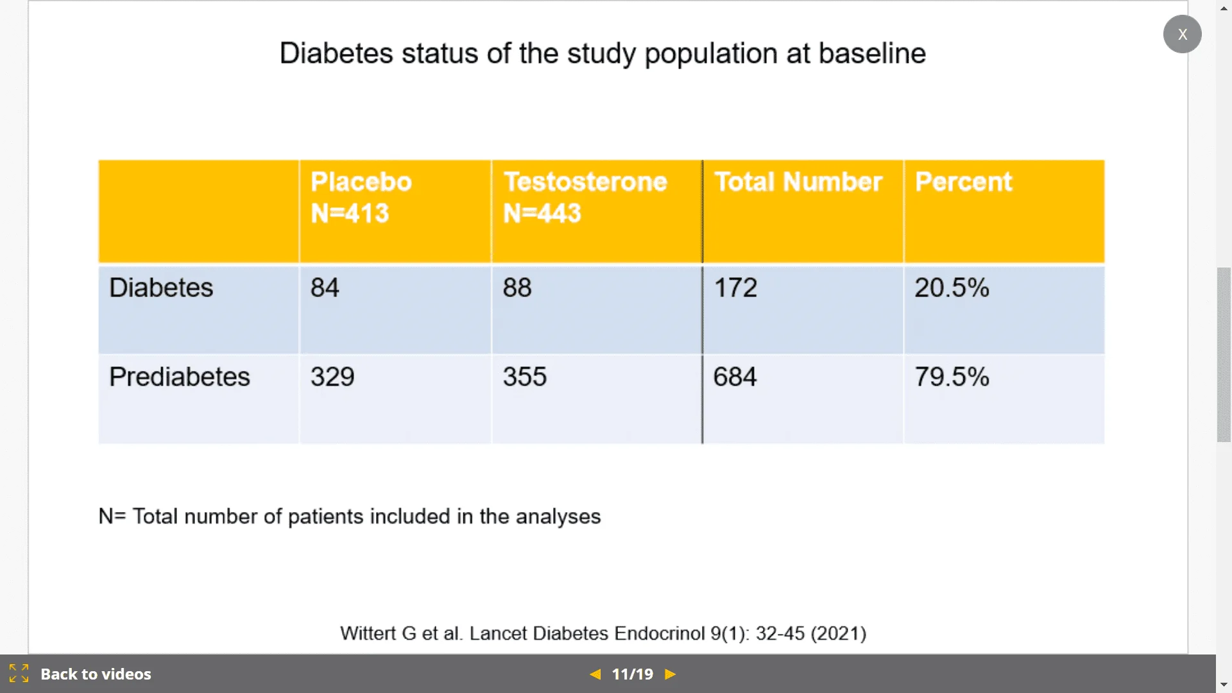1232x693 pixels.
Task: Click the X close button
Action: (1182, 34)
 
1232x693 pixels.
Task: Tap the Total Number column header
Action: (798, 182)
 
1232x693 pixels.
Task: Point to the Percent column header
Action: (963, 182)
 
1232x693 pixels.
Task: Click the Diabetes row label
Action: (161, 287)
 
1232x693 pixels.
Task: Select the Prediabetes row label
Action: (180, 377)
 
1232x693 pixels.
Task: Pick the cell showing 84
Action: (325, 287)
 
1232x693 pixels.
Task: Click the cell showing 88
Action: (517, 287)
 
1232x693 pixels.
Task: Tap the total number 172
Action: (735, 287)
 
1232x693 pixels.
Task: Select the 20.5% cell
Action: (952, 287)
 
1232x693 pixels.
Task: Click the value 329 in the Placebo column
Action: (332, 377)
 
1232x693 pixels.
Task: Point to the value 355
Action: (525, 377)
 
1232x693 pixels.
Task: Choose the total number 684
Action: (735, 377)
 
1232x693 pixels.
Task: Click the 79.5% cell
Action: (952, 377)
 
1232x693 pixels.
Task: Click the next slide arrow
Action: (671, 674)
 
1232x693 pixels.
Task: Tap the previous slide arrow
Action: (595, 674)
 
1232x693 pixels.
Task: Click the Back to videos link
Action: (96, 674)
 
